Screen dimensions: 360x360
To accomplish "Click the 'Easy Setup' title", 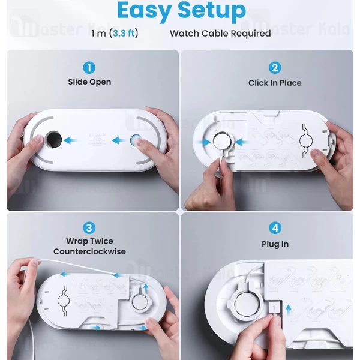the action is [x=181, y=11].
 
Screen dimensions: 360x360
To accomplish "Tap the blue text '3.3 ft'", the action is [x=124, y=33].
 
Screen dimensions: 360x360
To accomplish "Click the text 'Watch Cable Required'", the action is [x=220, y=34].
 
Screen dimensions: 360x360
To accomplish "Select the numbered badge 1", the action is [x=89, y=68].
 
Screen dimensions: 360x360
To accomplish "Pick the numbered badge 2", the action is [x=275, y=68].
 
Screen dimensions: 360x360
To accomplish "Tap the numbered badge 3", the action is [x=89, y=228].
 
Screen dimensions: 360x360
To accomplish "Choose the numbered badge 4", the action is [x=275, y=228].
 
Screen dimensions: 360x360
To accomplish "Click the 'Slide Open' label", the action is [x=89, y=82].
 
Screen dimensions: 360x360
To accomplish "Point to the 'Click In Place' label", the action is [x=275, y=83].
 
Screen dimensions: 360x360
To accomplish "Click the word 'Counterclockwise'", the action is [x=89, y=251].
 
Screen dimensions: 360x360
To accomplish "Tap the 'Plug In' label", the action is [x=275, y=244].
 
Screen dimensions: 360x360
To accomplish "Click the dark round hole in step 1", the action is [x=53, y=140].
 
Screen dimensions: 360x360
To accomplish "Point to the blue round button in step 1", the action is [x=136, y=140].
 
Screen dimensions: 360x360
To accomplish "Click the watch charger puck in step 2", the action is [x=221, y=142].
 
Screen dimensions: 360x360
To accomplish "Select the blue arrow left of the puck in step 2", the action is [x=204, y=142].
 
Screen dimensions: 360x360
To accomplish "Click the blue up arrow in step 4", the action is [x=289, y=310].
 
